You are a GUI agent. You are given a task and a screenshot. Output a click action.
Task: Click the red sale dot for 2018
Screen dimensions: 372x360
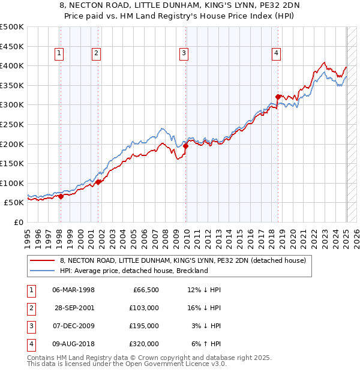(x=278, y=97)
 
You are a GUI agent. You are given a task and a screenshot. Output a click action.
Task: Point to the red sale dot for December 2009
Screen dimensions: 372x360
(x=186, y=146)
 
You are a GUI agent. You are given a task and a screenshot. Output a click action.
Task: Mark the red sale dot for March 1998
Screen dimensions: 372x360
(x=61, y=196)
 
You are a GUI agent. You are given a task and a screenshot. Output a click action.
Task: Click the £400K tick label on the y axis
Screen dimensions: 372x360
(x=12, y=65)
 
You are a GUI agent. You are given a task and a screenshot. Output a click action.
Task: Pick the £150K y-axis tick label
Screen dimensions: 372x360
(x=12, y=163)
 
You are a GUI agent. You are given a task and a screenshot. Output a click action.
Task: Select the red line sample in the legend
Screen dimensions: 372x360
(x=43, y=260)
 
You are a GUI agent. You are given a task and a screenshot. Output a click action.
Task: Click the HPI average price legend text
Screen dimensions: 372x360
(x=133, y=271)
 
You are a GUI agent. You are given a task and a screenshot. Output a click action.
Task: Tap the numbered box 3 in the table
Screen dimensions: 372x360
(x=30, y=326)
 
